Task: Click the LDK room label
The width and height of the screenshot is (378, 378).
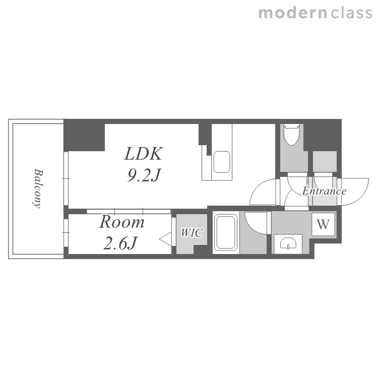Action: point(144,154)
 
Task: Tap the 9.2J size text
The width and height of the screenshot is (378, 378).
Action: point(144,175)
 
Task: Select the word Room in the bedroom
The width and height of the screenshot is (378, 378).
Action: point(122,222)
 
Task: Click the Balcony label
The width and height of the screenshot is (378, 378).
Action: point(37,188)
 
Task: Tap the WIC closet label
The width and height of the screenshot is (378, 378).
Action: point(192,233)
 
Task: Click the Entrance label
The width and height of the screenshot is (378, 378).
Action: point(324,191)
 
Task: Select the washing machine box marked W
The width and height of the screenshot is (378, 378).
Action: point(323,224)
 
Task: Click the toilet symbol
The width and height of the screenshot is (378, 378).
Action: point(291,135)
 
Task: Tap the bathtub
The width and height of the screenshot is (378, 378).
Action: point(226,233)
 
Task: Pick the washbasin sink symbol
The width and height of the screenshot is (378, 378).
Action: point(288,243)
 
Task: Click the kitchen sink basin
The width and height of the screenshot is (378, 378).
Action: point(222,162)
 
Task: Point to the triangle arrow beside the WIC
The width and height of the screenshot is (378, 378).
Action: point(166,239)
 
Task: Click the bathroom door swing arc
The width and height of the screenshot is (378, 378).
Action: point(256,223)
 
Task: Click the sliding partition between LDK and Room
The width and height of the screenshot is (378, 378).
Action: point(129,211)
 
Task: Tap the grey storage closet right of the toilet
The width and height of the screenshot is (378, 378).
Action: point(325,161)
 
